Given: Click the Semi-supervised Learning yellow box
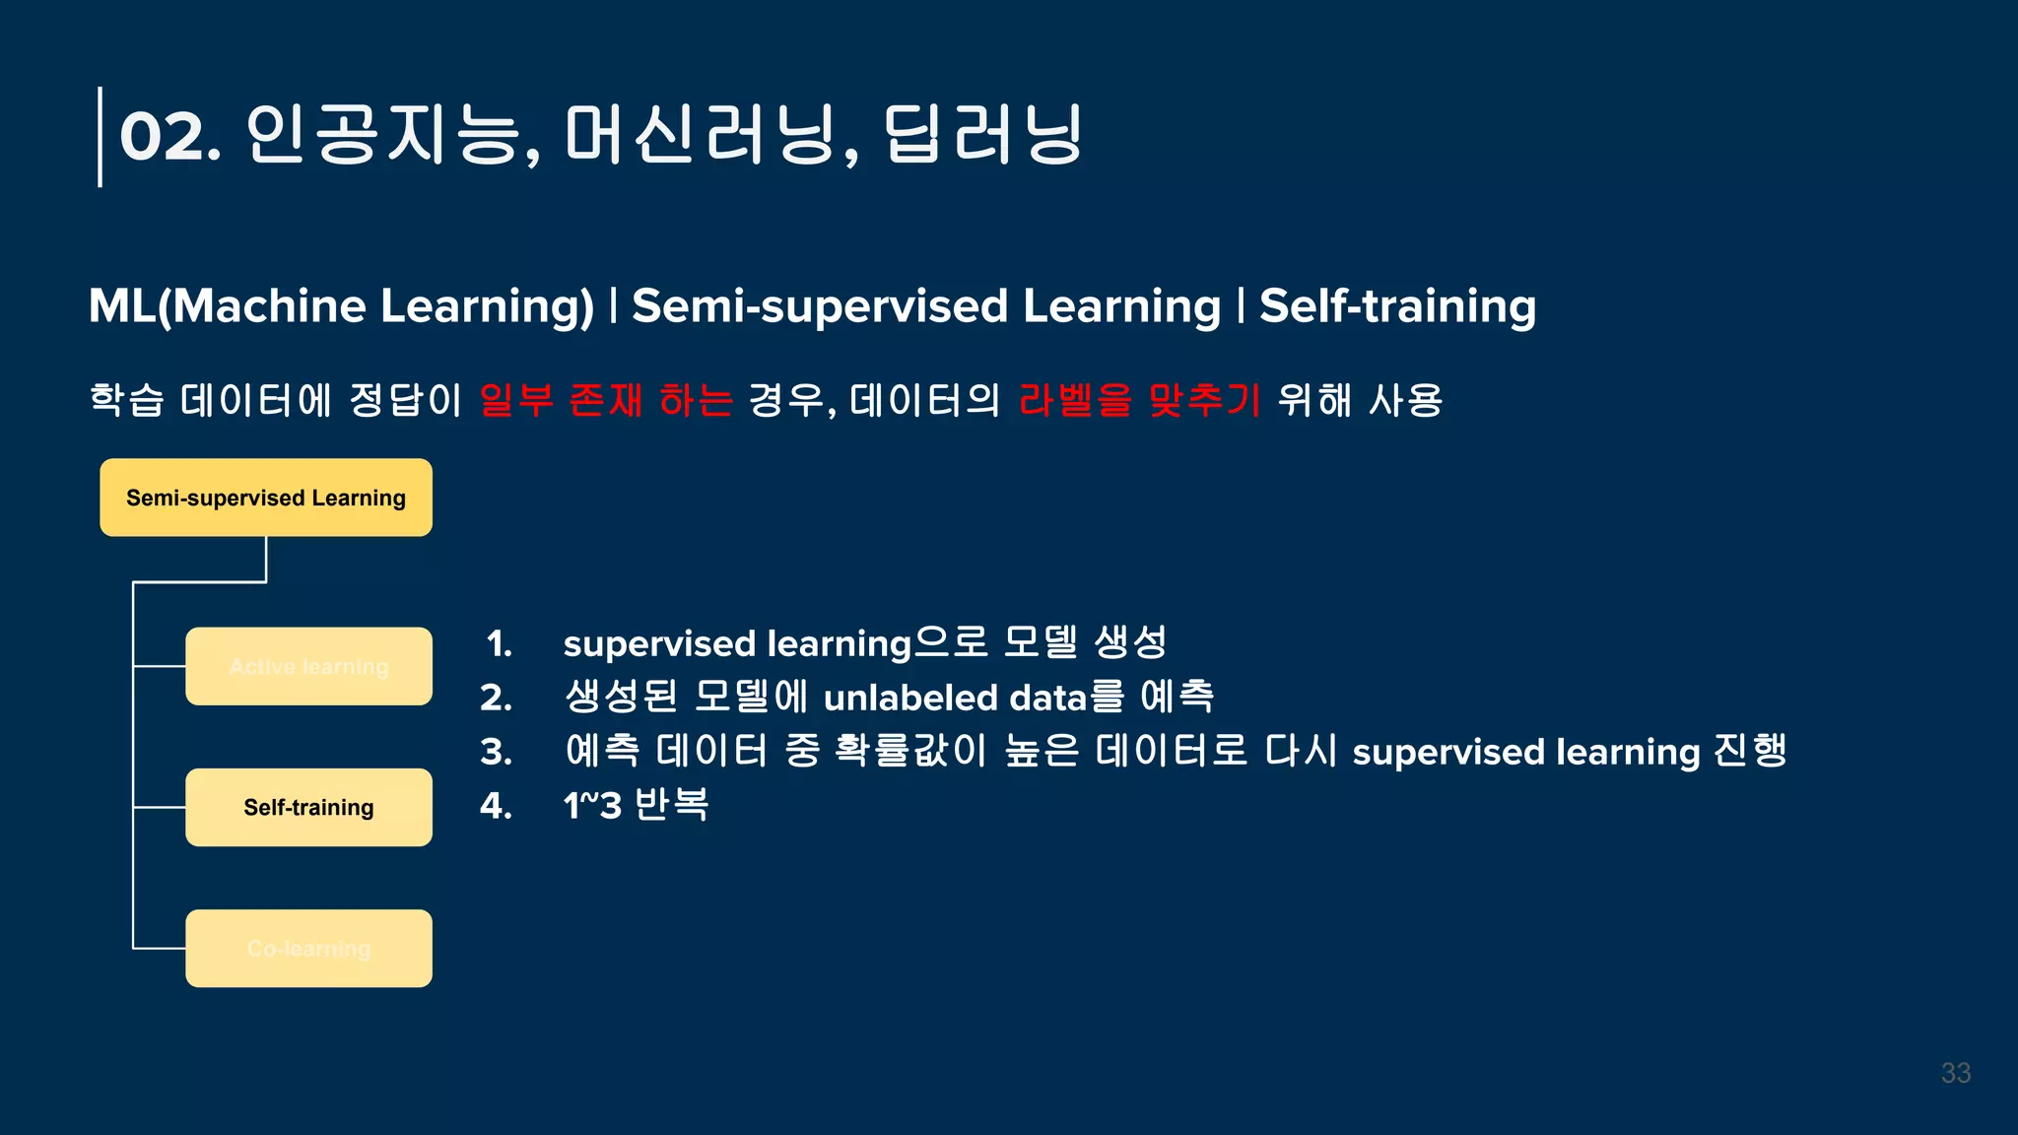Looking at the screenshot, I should click(265, 498).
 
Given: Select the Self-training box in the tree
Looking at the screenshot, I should click(308, 807).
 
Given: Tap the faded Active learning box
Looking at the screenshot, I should click(308, 666).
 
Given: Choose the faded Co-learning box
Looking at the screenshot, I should click(308, 948).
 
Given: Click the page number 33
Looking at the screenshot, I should click(1955, 1073).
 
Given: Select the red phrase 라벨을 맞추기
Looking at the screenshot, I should click(1139, 400).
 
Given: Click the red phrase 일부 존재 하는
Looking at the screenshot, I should click(606, 400).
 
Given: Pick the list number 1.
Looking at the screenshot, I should click(499, 644).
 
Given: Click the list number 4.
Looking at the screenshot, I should click(496, 806).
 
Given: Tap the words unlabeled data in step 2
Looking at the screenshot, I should click(954, 698).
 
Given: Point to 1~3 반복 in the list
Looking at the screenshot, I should click(636, 805).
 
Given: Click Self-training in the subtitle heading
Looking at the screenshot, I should click(1397, 305).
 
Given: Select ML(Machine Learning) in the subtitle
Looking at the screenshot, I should click(341, 305).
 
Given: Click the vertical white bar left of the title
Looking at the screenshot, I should click(100, 136).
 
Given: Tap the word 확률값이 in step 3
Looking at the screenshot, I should click(909, 751).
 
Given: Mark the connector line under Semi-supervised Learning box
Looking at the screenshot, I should click(266, 560).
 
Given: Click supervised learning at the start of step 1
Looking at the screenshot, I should click(736, 644).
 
